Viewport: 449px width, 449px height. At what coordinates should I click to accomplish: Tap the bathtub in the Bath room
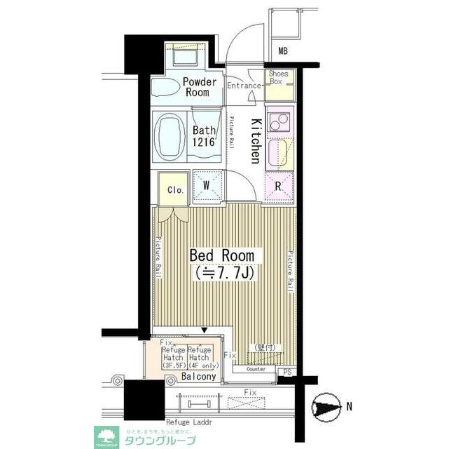(170, 135)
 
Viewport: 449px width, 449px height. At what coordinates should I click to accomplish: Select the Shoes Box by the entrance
(276, 77)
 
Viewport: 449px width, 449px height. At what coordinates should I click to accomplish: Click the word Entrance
(244, 86)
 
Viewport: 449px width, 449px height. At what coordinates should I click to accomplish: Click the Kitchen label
(256, 140)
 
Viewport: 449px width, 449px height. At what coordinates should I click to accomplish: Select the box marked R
(277, 187)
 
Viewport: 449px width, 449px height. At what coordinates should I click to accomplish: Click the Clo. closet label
(175, 189)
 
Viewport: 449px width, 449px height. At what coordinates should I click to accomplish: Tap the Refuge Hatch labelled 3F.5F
(173, 358)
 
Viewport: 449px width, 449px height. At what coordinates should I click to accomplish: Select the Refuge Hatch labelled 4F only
(200, 358)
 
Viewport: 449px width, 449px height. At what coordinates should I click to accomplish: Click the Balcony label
(199, 377)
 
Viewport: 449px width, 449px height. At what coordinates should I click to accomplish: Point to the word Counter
(256, 368)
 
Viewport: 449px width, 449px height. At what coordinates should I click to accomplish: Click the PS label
(287, 373)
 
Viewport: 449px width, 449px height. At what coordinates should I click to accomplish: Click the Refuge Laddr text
(188, 424)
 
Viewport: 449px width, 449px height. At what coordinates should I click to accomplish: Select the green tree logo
(106, 437)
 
